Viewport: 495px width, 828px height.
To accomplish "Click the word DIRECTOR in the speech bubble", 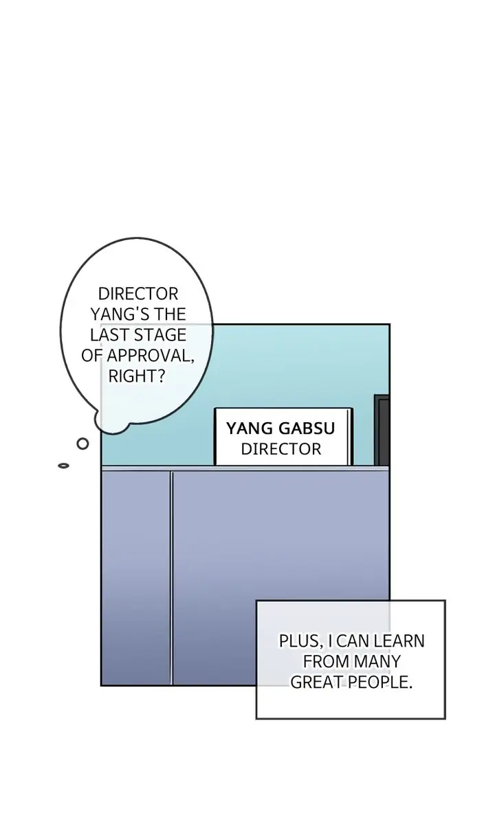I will [138, 294].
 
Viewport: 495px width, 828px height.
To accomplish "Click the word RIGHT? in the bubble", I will [137, 376].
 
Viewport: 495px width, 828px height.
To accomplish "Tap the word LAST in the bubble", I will [111, 335].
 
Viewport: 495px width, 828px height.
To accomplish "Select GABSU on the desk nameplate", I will [306, 429].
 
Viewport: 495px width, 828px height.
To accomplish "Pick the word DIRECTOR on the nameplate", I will [280, 449].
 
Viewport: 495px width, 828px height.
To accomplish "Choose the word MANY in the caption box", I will [377, 662].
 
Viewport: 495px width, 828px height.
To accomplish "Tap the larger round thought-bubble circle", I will [82, 444].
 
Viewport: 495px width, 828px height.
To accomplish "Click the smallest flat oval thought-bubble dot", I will [63, 465].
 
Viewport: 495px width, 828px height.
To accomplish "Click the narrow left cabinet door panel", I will [136, 577].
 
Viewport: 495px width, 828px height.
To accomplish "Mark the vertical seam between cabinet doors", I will [171, 577].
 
